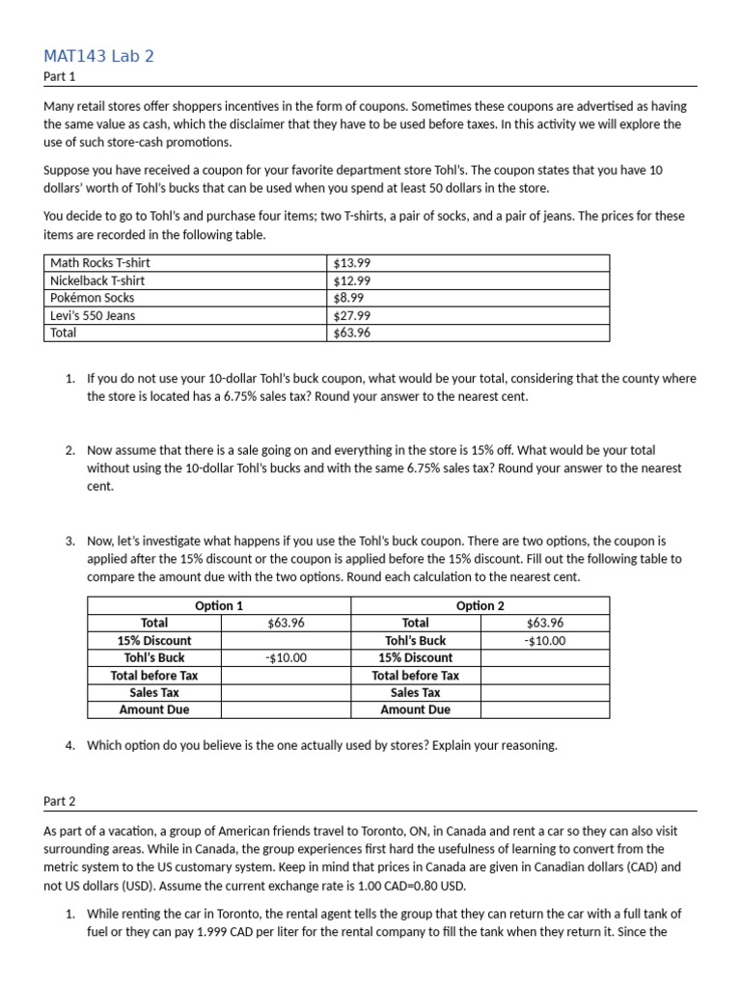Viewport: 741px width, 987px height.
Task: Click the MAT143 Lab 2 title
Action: (x=98, y=56)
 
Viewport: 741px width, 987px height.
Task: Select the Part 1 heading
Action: (x=59, y=76)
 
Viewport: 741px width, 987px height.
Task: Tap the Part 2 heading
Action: (x=59, y=800)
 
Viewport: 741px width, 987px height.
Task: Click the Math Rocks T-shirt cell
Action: (x=100, y=262)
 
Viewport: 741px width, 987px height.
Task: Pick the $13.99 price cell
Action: (x=351, y=262)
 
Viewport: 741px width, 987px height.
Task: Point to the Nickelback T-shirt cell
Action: (x=97, y=280)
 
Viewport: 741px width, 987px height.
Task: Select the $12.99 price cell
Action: (x=351, y=280)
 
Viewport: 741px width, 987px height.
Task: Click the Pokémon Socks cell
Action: (x=93, y=298)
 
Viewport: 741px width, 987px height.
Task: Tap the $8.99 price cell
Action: (x=348, y=298)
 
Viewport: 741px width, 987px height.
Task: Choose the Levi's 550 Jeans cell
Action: (x=93, y=315)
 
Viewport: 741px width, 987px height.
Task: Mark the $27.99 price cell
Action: (x=351, y=315)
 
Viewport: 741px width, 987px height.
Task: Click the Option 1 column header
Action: (x=219, y=605)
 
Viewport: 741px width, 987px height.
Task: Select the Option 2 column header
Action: (x=480, y=605)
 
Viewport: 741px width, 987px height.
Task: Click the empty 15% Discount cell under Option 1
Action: (x=285, y=640)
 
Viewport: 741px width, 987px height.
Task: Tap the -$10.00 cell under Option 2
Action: (x=545, y=640)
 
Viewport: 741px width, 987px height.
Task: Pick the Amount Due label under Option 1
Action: (x=154, y=709)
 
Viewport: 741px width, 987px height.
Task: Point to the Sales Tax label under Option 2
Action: (x=415, y=692)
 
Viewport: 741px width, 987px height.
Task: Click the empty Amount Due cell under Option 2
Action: (x=545, y=709)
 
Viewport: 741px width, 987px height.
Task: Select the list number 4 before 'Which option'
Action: (x=69, y=745)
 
